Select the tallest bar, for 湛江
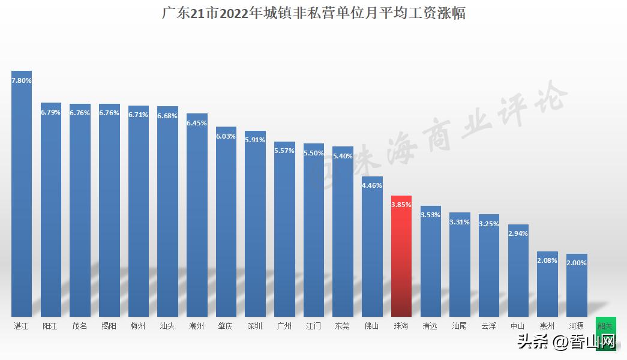22,198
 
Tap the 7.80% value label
22,80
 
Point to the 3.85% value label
401,205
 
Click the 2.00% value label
577,263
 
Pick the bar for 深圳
255,228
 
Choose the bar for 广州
284,234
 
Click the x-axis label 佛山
372,326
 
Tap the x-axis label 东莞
343,326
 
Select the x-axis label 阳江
50,326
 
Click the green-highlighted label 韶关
605,326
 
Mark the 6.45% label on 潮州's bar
197,123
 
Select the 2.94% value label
518,233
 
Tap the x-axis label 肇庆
226,326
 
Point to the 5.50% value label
314,154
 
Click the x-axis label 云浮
488,326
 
